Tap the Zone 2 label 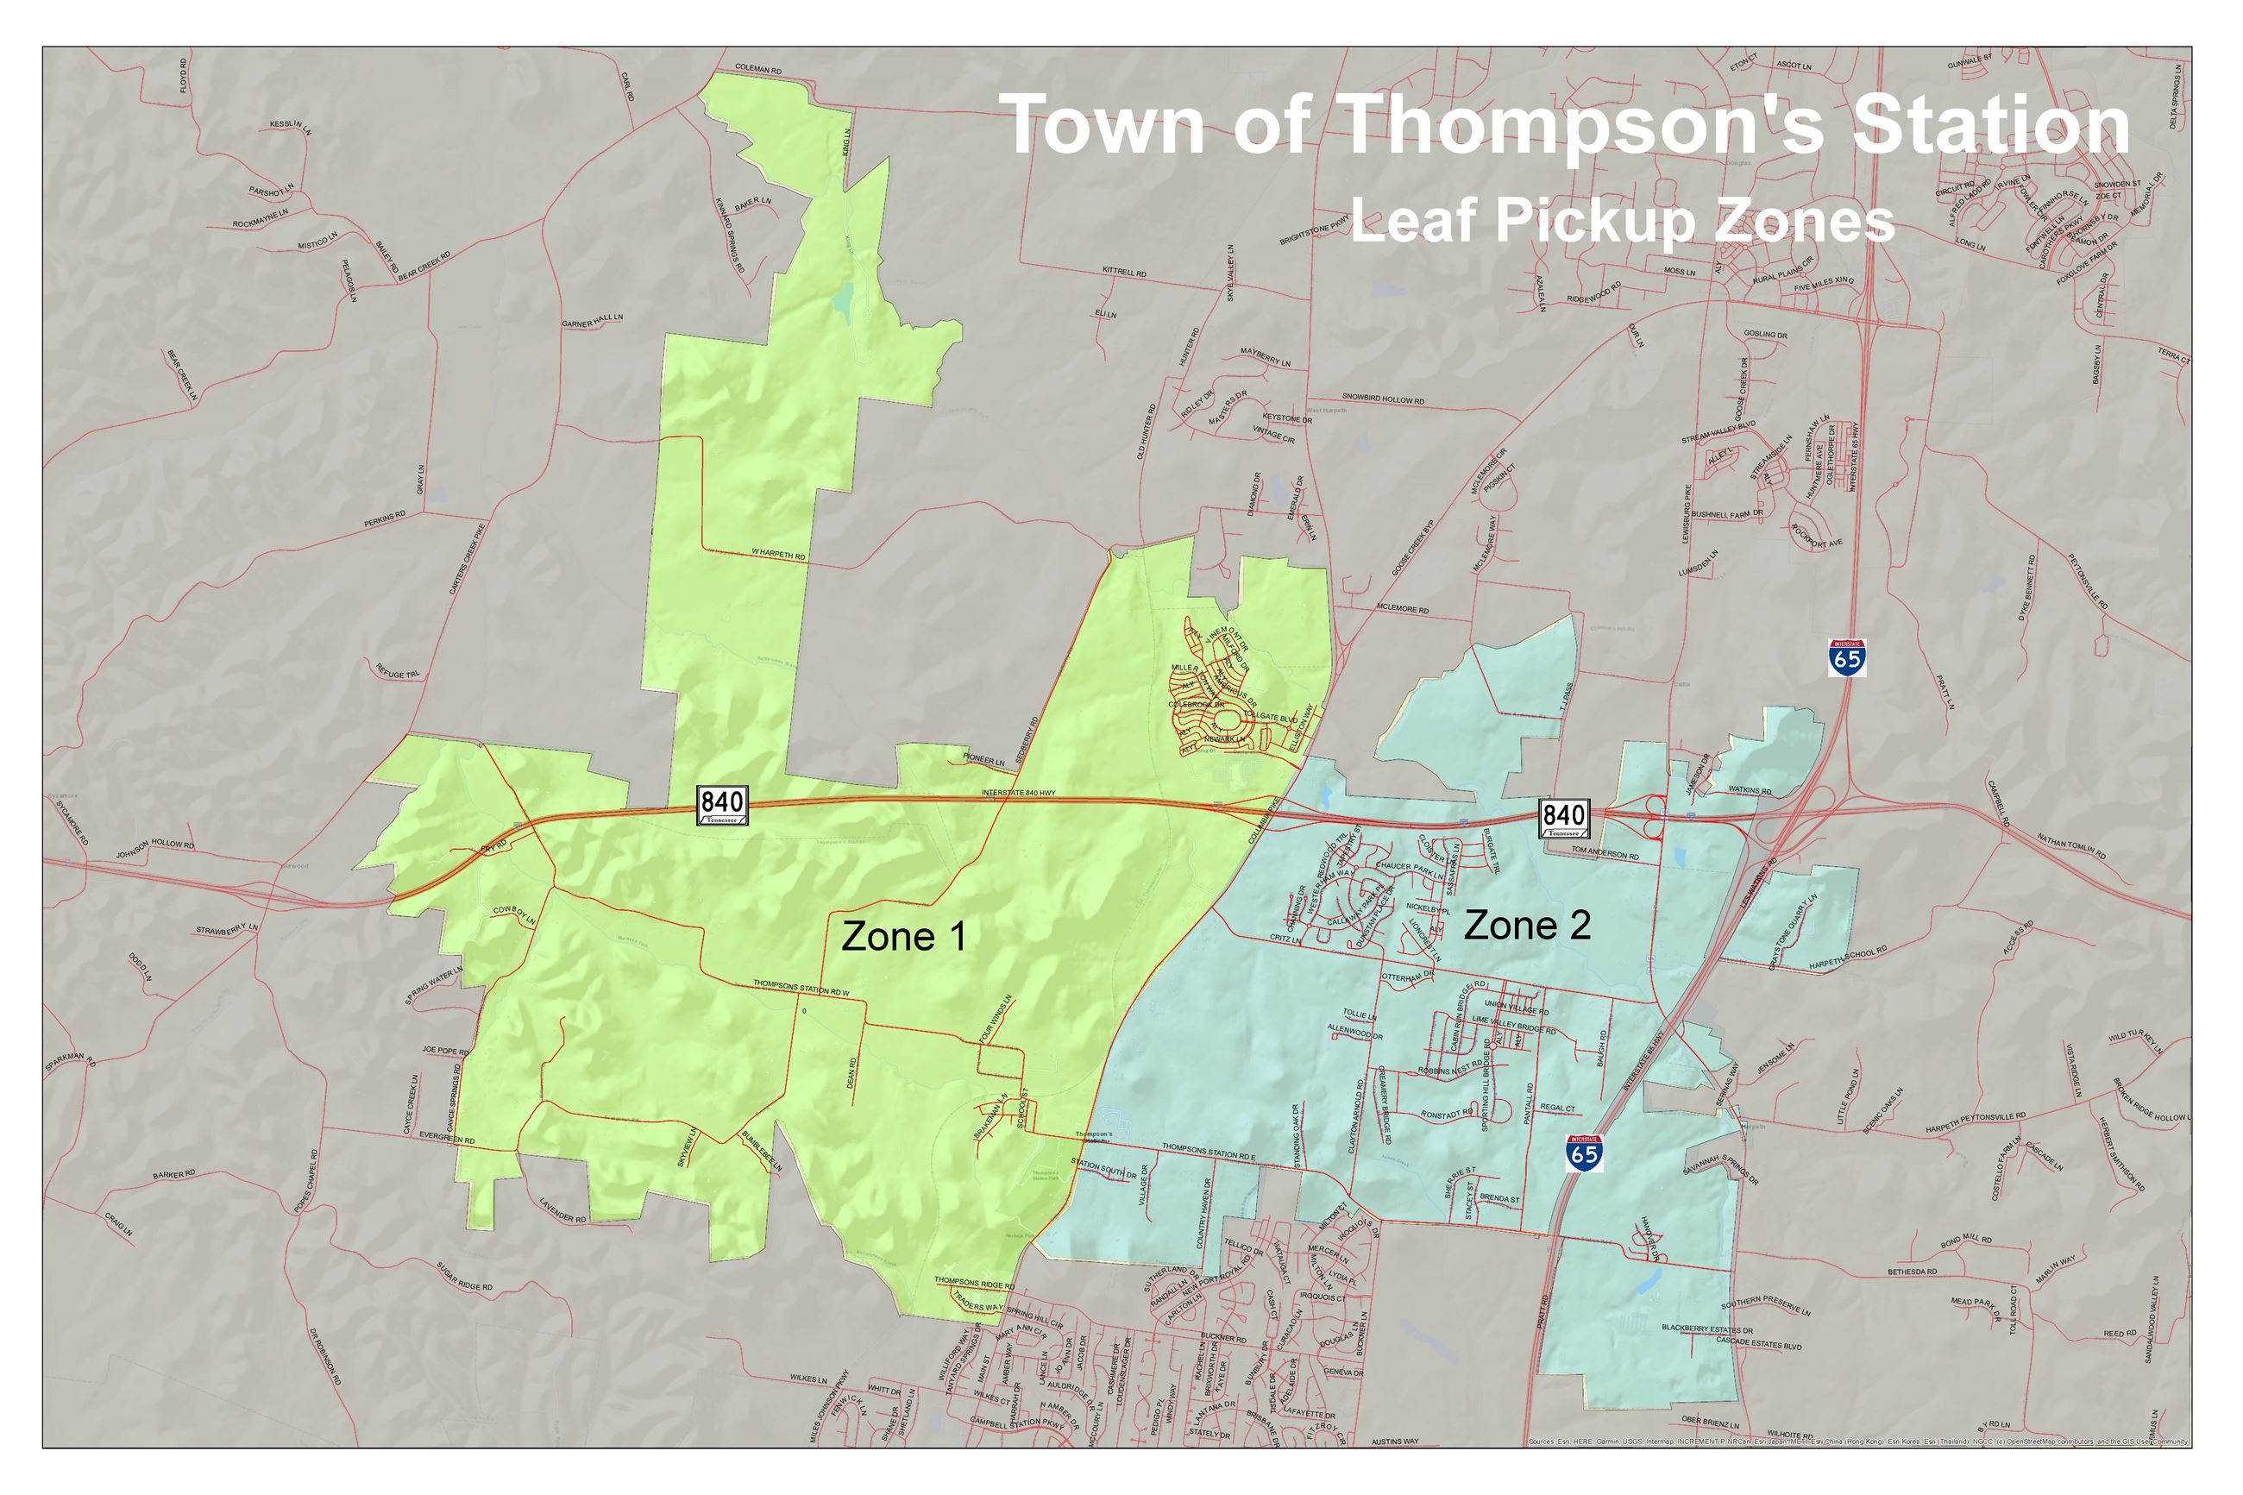click(x=1526, y=926)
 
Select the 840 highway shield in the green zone click(x=721, y=807)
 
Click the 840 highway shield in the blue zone click(x=1563, y=818)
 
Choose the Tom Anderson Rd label click(x=1605, y=854)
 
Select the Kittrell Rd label click(x=1124, y=273)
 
